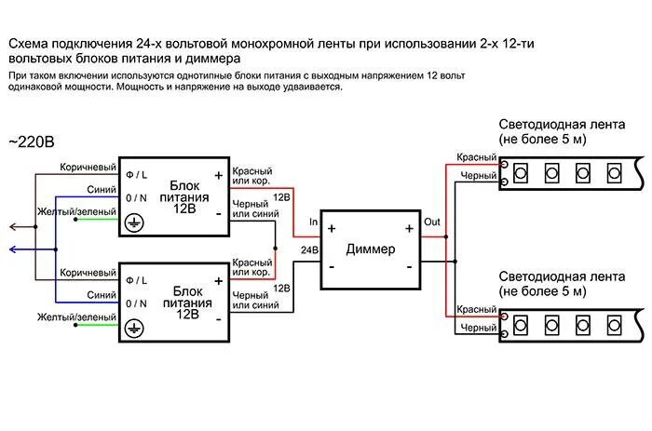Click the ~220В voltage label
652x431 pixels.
point(32,141)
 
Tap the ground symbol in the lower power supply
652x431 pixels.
point(134,328)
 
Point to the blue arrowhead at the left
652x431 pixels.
point(8,249)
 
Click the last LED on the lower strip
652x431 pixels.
point(614,324)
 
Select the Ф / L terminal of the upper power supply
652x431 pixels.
point(136,174)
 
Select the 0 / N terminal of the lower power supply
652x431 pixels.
point(136,303)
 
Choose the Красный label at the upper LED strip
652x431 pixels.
point(477,156)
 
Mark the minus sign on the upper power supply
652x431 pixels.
point(218,213)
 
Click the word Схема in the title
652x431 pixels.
point(31,44)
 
